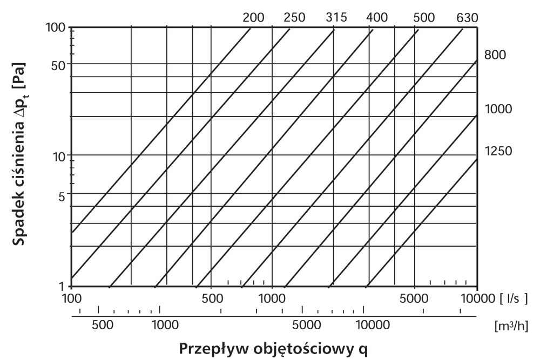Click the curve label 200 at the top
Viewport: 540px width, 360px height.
click(254, 17)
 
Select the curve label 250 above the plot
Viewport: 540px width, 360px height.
click(295, 17)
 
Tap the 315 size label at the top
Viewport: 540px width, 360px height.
click(336, 17)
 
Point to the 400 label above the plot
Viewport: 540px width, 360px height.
click(377, 17)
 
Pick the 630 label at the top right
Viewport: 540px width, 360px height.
click(467, 17)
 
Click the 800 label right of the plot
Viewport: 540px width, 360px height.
click(495, 56)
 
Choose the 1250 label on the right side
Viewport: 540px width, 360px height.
click(497, 151)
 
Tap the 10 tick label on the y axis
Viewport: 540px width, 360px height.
click(60, 157)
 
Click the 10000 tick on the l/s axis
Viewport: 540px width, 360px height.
click(476, 298)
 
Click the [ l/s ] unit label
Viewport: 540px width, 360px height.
click(514, 298)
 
